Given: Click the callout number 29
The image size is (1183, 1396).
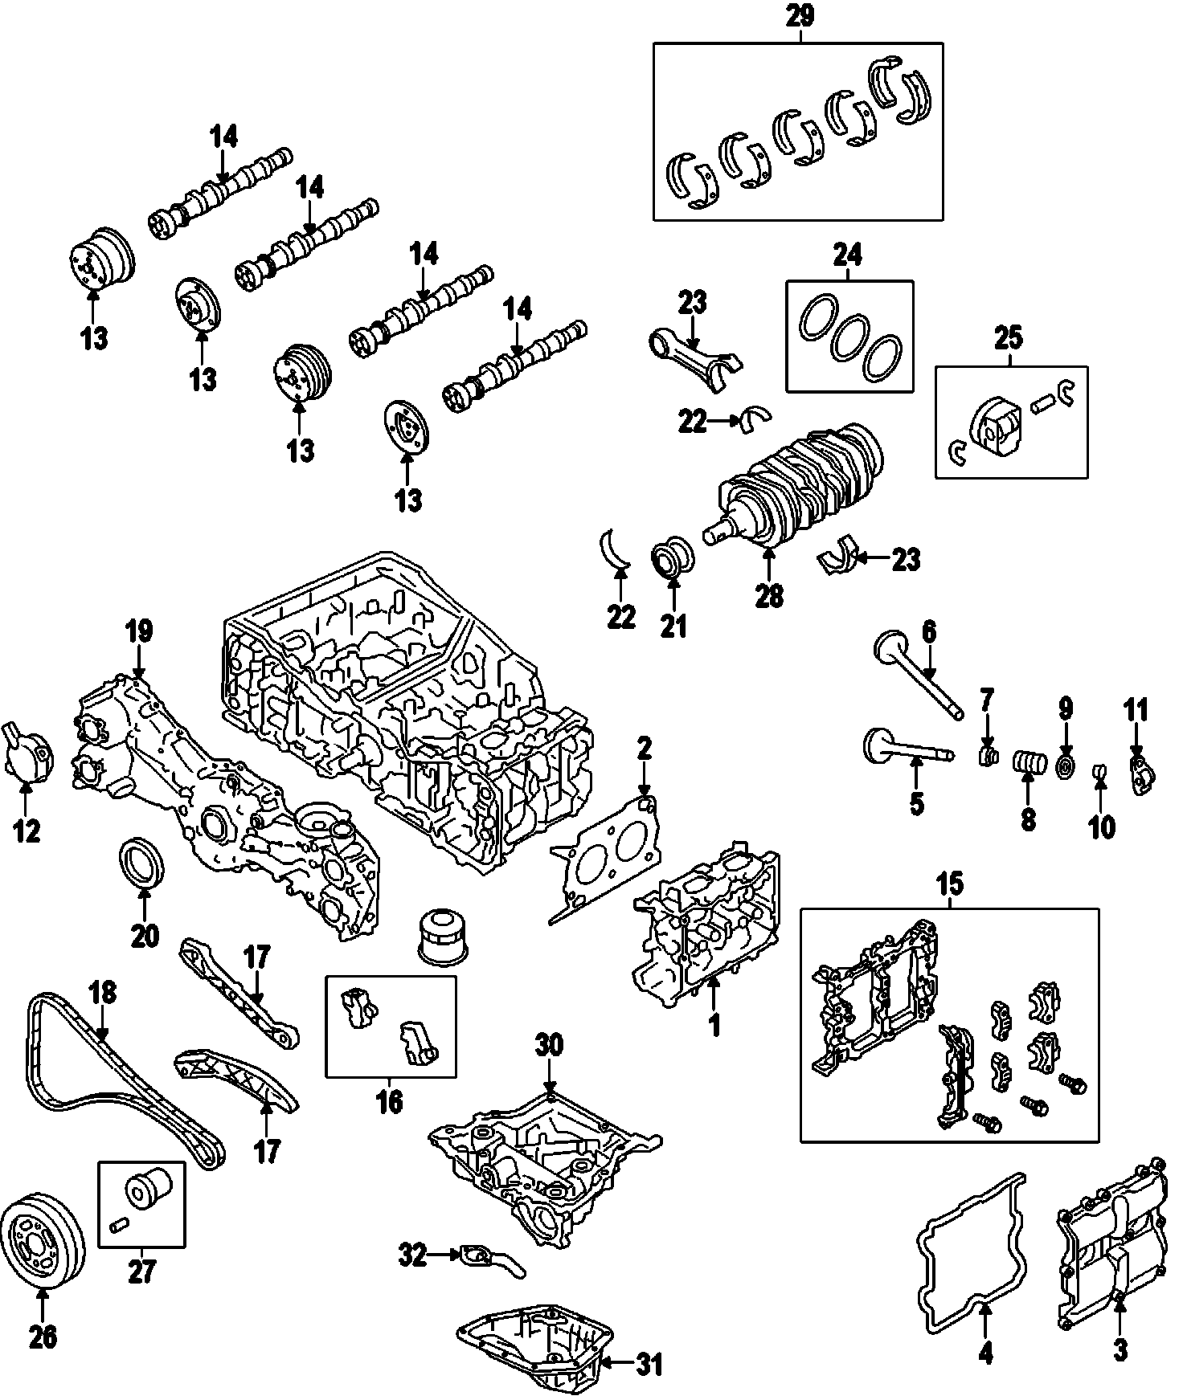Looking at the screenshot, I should (800, 17).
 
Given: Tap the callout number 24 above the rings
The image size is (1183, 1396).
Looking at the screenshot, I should (847, 256).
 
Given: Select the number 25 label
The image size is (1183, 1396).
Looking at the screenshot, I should (1009, 338).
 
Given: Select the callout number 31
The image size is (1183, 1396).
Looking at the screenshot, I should (649, 1364).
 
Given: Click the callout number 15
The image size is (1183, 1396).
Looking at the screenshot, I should (949, 885).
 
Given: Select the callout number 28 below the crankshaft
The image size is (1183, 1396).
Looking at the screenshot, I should (769, 597).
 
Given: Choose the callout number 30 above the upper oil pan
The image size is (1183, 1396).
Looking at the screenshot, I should (549, 1046).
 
